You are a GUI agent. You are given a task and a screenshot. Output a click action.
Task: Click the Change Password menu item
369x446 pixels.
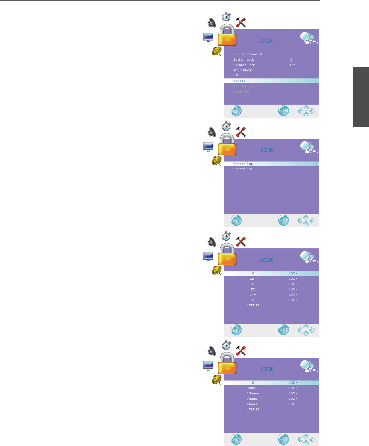pyautogui.click(x=247, y=54)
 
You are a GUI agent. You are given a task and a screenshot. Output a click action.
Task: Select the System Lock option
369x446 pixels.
pyautogui.click(x=244, y=60)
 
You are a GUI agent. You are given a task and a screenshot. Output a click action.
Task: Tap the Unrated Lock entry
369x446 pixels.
pyautogui.click(x=244, y=65)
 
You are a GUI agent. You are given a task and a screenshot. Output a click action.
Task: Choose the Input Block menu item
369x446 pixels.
pyautogui.click(x=242, y=70)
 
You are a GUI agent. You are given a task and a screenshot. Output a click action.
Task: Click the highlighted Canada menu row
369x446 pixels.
pyautogui.click(x=239, y=81)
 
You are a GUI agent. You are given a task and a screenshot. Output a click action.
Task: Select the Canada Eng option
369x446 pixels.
pyautogui.click(x=243, y=164)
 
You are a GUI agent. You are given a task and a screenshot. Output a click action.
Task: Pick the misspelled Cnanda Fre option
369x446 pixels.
pyautogui.click(x=242, y=169)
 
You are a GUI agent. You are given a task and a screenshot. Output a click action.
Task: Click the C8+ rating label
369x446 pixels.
pyautogui.click(x=253, y=279)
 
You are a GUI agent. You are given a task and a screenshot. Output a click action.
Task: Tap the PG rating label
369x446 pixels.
pyautogui.click(x=253, y=289)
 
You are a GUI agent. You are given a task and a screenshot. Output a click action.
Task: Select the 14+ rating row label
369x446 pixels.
pyautogui.click(x=253, y=295)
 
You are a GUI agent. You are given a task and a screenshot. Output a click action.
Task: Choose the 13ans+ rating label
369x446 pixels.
pyautogui.click(x=253, y=393)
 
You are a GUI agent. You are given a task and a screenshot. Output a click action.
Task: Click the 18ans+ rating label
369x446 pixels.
pyautogui.click(x=253, y=404)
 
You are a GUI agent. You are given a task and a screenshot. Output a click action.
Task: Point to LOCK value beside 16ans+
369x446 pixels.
pyautogui.click(x=293, y=399)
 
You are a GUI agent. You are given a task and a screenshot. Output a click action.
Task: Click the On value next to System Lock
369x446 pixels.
pyautogui.click(x=292, y=60)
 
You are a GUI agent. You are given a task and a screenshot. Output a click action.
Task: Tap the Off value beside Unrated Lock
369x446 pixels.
pyautogui.click(x=292, y=65)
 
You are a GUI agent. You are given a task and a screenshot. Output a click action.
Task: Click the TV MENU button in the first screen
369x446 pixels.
pyautogui.click(x=236, y=111)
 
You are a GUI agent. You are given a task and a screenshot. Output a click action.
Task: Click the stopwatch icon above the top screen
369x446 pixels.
pyautogui.click(x=227, y=16)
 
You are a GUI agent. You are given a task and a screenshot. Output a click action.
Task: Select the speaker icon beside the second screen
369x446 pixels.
pyautogui.click(x=212, y=132)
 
